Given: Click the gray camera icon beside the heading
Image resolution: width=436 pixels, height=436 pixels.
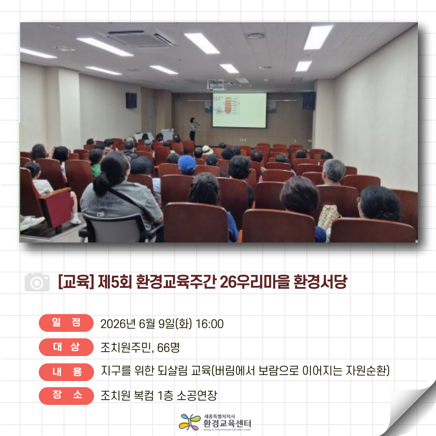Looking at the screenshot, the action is click(37, 282).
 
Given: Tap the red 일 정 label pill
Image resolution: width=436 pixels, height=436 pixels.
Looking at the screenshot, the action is click(66, 323).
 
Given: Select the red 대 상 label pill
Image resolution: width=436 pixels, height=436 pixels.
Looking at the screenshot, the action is click(66, 347).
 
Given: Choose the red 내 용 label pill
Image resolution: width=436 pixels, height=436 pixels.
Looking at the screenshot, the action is click(66, 372).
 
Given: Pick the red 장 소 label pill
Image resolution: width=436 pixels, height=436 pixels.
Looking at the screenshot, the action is click(66, 395).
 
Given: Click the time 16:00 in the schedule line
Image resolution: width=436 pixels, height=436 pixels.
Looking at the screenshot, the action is click(210, 324).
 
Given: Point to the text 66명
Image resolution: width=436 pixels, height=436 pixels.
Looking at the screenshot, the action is click(168, 348).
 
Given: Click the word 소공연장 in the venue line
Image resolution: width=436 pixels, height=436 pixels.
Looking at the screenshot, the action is click(197, 395).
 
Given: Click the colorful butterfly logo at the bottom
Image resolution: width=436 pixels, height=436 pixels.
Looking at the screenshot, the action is click(189, 422).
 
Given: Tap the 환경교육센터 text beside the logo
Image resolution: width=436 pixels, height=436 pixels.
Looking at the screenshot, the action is click(227, 423).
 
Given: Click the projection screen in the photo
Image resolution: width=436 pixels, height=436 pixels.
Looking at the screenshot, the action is click(239, 110).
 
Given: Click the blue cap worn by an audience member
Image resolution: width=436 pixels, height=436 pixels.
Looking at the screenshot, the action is click(187, 163).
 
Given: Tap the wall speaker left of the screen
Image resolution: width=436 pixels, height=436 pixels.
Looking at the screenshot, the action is click(131, 101).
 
